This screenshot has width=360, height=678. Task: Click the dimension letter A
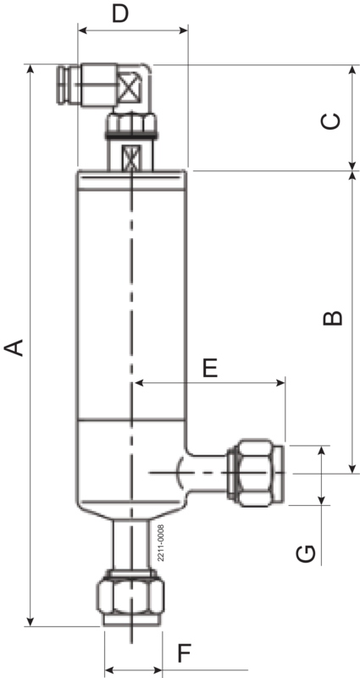(x=14, y=347)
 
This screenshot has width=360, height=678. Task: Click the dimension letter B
(x=334, y=319)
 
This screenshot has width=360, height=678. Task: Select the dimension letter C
(x=332, y=120)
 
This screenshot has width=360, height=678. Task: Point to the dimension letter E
(x=209, y=367)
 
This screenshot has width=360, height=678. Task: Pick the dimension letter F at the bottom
(x=185, y=655)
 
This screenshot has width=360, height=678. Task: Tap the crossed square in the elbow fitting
(x=130, y=86)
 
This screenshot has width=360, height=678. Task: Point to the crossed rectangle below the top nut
(x=132, y=158)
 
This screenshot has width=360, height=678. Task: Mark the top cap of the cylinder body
(x=131, y=179)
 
